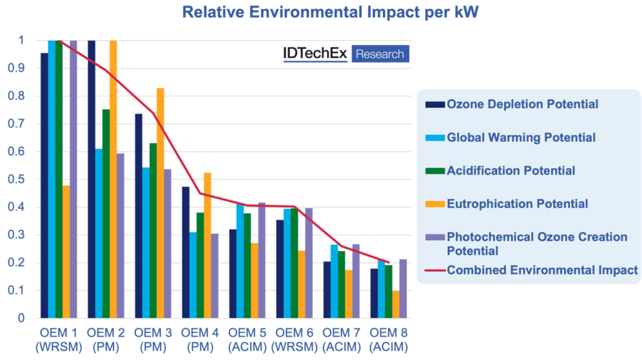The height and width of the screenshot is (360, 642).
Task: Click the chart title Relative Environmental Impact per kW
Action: click(x=321, y=12)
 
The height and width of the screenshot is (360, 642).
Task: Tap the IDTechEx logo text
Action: click(x=315, y=54)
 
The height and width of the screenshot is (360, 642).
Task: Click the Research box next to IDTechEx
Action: click(x=380, y=54)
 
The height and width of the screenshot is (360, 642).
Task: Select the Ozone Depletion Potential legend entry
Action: click(x=522, y=104)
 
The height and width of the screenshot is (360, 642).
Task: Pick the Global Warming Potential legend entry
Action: click(x=520, y=137)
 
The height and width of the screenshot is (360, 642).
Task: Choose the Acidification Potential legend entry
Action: click(x=510, y=171)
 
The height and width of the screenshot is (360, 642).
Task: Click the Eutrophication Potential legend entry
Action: click(x=517, y=204)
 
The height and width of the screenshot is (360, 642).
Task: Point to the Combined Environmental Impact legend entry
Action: click(x=542, y=270)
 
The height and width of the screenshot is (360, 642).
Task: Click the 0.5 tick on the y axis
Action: click(x=21, y=179)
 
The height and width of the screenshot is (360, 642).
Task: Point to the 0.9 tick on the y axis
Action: click(x=21, y=68)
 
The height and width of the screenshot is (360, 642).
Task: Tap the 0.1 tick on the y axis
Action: click(x=21, y=290)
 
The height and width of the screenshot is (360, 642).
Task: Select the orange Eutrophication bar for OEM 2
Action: click(x=113, y=179)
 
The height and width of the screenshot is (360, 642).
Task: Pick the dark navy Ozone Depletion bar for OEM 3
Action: click(x=138, y=216)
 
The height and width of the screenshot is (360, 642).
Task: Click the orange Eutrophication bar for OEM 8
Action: click(x=396, y=304)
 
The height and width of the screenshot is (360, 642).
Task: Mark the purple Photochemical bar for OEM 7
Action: click(x=356, y=280)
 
